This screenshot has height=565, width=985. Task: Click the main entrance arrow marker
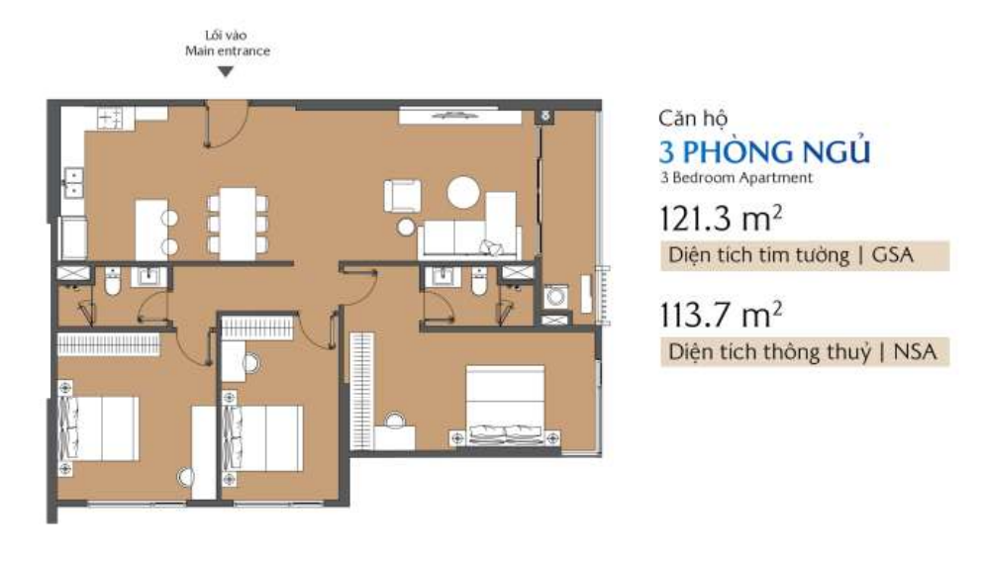coord(226,71)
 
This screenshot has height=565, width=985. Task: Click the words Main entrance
coord(228,50)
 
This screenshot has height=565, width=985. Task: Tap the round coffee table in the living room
coord(463,192)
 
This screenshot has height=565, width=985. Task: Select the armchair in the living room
coord(402,196)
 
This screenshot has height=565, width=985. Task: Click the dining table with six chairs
coord(238,224)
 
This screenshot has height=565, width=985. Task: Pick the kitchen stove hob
coord(110,118)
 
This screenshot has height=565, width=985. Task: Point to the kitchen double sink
coord(73,183)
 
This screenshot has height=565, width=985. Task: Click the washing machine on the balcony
coord(556,296)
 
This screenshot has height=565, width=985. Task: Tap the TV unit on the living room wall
coord(460,116)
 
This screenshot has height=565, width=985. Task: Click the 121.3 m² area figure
coord(721,218)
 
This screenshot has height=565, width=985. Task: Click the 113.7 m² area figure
coord(721,314)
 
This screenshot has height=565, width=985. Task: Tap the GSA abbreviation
coord(892,255)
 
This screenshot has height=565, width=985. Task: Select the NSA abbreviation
coord(915,351)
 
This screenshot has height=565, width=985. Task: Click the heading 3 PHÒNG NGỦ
coord(764,152)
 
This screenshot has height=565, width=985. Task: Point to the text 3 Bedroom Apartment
coord(737,178)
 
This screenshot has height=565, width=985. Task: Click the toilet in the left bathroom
coord(113,282)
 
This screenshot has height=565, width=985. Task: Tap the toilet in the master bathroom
coord(479,282)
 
